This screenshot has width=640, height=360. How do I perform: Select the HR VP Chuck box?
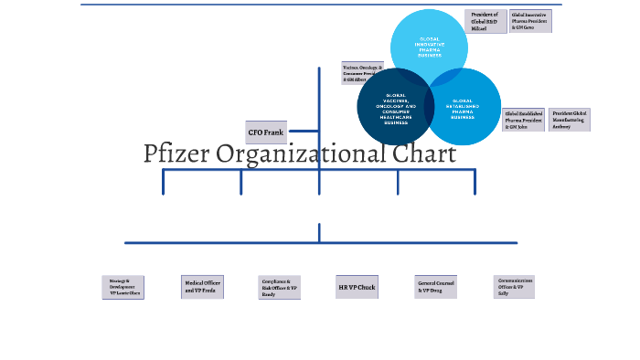[357, 288]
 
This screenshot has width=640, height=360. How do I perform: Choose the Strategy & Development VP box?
[123, 288]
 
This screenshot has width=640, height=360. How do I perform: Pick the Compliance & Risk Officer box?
[279, 288]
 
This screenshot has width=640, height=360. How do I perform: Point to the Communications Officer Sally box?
[514, 287]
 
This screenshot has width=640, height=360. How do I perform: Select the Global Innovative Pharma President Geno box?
[530, 22]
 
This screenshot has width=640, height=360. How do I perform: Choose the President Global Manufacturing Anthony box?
[569, 121]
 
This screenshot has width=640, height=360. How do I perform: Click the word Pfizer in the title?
[176, 154]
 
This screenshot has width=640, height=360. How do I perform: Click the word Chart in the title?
[425, 154]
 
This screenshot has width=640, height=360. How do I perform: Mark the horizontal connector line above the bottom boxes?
[320, 243]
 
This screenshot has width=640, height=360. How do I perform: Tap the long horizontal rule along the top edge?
[320, 5]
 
